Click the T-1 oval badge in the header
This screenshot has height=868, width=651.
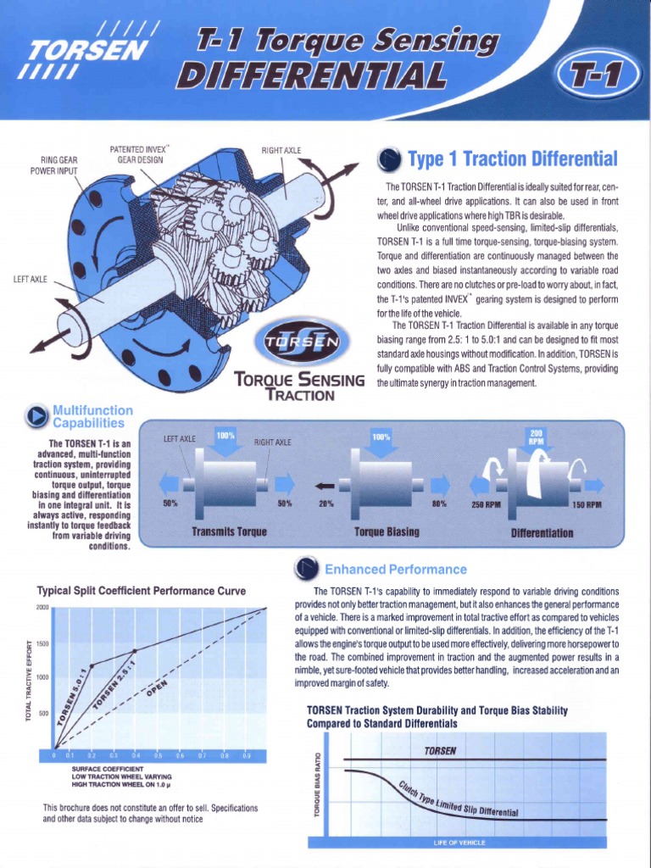(596, 81)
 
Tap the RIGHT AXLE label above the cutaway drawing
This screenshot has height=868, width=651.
(281, 151)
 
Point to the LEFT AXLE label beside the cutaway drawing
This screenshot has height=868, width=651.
(30, 279)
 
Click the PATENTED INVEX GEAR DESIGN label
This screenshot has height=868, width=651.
(140, 154)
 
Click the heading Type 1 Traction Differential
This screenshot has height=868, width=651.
(513, 159)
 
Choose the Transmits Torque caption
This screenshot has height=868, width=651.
(229, 532)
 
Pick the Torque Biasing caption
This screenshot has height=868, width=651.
(387, 532)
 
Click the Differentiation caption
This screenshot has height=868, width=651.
(542, 533)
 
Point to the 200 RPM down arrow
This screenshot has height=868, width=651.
(537, 442)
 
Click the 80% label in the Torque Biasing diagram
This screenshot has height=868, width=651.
(439, 504)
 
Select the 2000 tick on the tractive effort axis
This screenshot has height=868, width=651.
(42, 608)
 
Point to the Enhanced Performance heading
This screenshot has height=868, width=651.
(396, 569)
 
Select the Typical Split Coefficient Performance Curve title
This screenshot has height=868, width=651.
(142, 590)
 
